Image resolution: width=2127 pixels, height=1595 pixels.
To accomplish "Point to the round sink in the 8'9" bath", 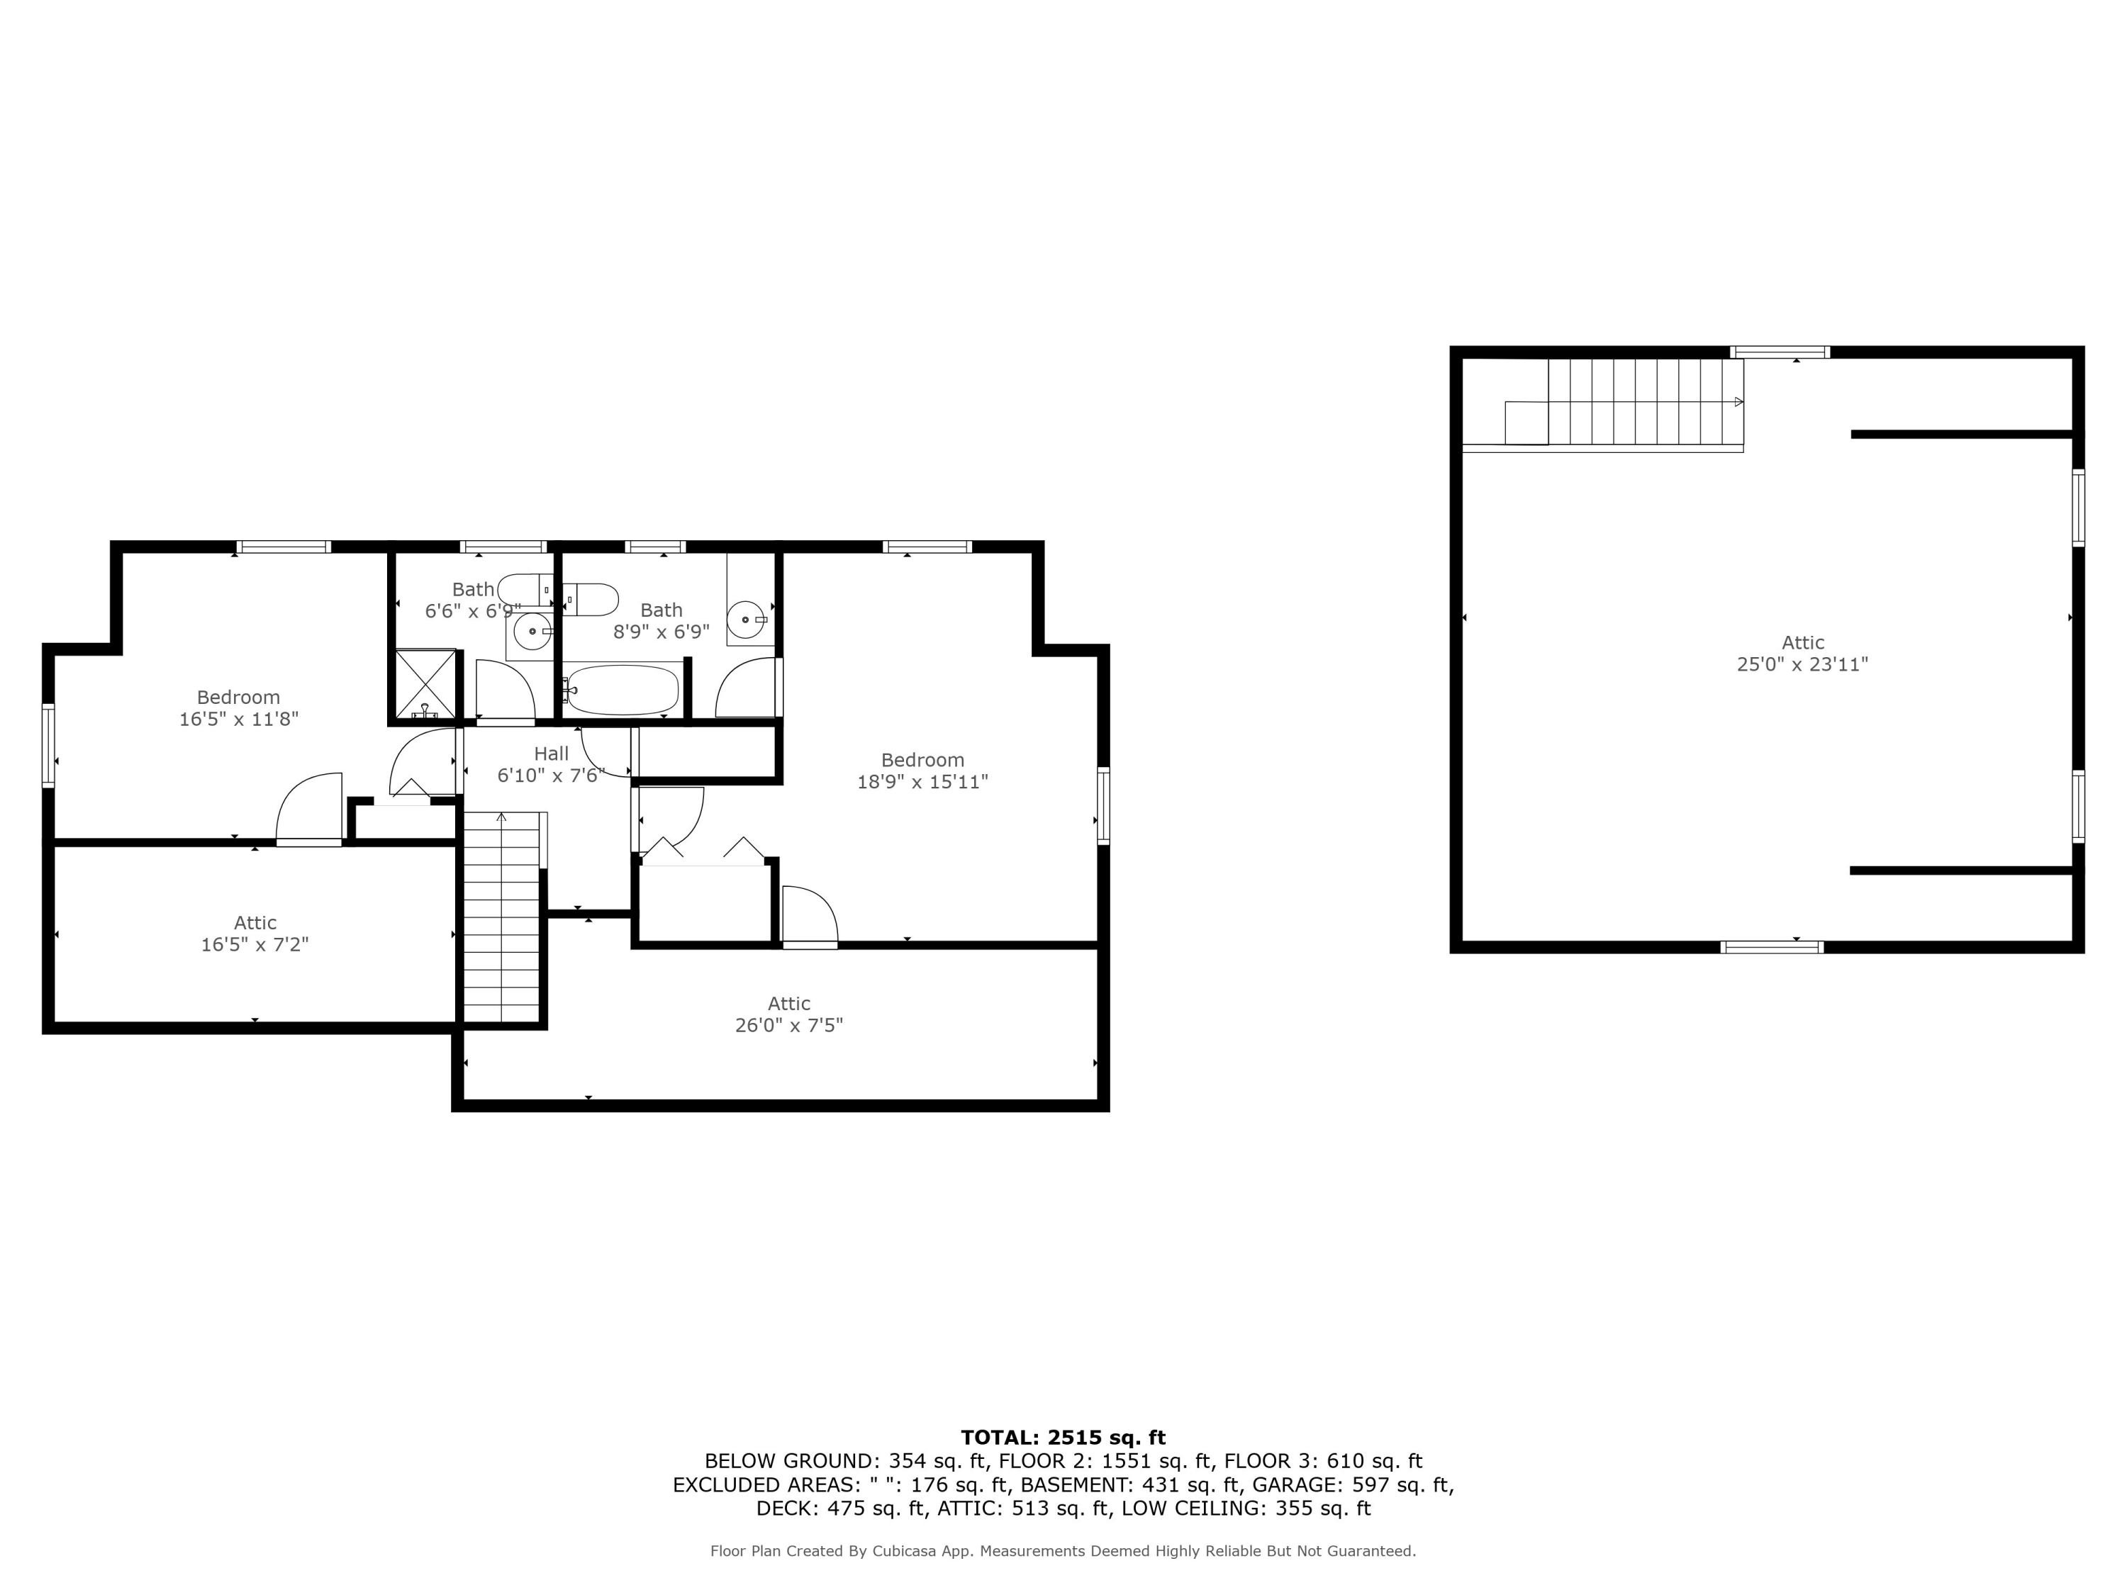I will [745, 619].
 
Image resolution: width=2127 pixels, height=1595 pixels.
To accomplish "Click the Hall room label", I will [551, 754].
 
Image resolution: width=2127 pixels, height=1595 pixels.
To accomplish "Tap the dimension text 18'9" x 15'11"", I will [922, 782].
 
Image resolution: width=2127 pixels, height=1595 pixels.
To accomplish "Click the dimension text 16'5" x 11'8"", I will [238, 718].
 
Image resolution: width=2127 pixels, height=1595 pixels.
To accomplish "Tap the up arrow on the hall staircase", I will [501, 817].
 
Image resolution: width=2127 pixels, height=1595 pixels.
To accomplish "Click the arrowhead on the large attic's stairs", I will [1738, 402].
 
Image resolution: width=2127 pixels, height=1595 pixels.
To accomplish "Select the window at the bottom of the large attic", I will [1771, 947].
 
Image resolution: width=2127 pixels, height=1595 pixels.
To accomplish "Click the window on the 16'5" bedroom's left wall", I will [48, 745].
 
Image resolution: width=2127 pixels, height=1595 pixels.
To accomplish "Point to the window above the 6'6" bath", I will [503, 547].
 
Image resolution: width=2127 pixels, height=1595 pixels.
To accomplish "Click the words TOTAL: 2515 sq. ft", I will [1063, 1438].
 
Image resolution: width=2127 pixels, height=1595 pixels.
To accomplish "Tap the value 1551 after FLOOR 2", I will [1130, 1461].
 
